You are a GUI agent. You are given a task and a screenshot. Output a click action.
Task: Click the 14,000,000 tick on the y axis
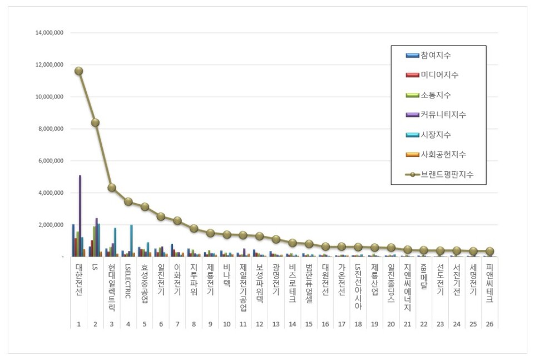50,33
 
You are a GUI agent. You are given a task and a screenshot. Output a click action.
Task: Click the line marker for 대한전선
79,71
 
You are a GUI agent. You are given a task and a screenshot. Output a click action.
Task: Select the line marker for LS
95,122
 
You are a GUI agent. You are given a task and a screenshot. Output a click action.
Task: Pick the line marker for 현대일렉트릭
112,188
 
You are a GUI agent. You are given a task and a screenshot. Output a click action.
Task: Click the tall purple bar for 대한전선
80,216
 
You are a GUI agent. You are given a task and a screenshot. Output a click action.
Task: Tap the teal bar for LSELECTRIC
131,240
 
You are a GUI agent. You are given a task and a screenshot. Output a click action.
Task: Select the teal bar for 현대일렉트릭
115,242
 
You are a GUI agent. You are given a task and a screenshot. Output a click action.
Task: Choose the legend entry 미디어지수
439,75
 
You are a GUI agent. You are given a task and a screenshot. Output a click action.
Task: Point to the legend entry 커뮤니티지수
443,115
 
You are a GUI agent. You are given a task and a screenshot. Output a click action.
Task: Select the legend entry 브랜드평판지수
447,175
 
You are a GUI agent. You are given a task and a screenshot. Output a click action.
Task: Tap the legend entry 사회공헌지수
443,155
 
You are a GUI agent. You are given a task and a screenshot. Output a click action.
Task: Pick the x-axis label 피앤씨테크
489,283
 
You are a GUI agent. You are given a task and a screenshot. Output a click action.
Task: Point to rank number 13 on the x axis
275,323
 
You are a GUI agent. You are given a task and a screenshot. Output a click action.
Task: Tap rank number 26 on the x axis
489,323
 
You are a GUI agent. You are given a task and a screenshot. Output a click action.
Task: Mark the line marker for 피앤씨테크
489,251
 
